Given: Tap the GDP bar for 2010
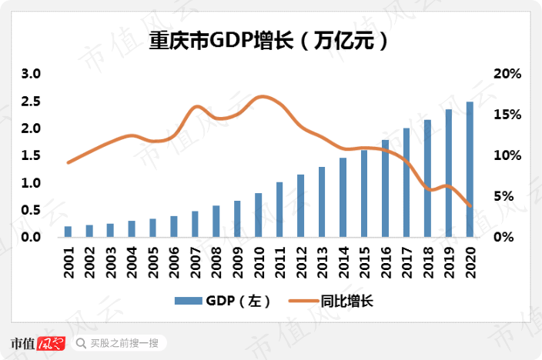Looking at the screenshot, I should point(258,215).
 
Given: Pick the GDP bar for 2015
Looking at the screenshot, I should point(364,194).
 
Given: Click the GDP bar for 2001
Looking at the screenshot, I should point(68,232).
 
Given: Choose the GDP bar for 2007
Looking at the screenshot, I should point(195,224).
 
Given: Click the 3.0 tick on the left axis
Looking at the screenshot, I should point(30,75).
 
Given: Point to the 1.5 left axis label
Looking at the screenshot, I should point(30,156).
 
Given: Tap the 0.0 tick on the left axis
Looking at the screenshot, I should point(30,238).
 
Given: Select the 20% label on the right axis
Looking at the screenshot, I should point(507,75).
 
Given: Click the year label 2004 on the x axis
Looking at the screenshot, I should point(132,258).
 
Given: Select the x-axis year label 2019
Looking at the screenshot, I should point(449,258).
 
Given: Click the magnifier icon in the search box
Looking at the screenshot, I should point(80,343).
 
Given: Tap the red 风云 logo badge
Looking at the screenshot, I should point(51,343).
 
